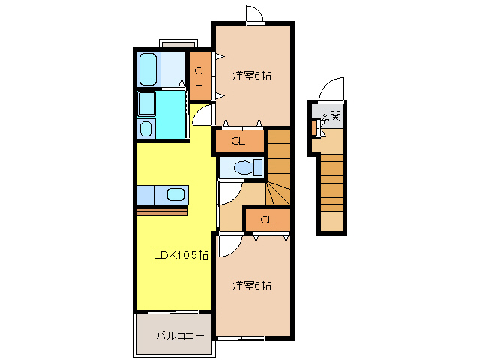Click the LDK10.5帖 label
[170, 254]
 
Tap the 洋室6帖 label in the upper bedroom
[251, 75]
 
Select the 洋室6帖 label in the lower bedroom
[251, 286]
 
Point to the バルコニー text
[180, 336]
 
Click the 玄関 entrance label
[331, 115]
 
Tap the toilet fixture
[244, 167]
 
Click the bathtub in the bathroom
[148, 69]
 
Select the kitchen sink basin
[175, 196]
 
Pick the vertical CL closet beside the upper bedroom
[199, 76]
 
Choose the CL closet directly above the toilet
[238, 140]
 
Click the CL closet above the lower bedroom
[267, 220]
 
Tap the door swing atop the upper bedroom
[253, 15]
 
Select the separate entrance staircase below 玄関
[331, 191]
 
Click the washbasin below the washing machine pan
[145, 128]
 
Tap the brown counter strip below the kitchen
[161, 212]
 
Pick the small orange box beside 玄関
[314, 127]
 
